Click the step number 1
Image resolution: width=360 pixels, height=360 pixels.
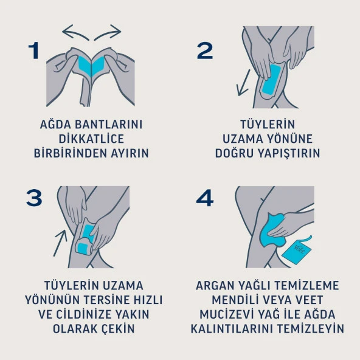click(33, 51)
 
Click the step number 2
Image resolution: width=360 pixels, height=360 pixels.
click(205, 51)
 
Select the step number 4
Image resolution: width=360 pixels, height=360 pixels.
click(206, 198)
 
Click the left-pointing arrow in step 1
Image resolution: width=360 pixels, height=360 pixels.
click(75, 32)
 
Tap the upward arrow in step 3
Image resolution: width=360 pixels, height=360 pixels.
click(60, 243)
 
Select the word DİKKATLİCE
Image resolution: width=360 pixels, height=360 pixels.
click(91, 139)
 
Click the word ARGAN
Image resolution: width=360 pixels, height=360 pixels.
click(216, 285)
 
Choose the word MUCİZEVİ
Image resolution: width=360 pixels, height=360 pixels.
click(229, 314)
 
